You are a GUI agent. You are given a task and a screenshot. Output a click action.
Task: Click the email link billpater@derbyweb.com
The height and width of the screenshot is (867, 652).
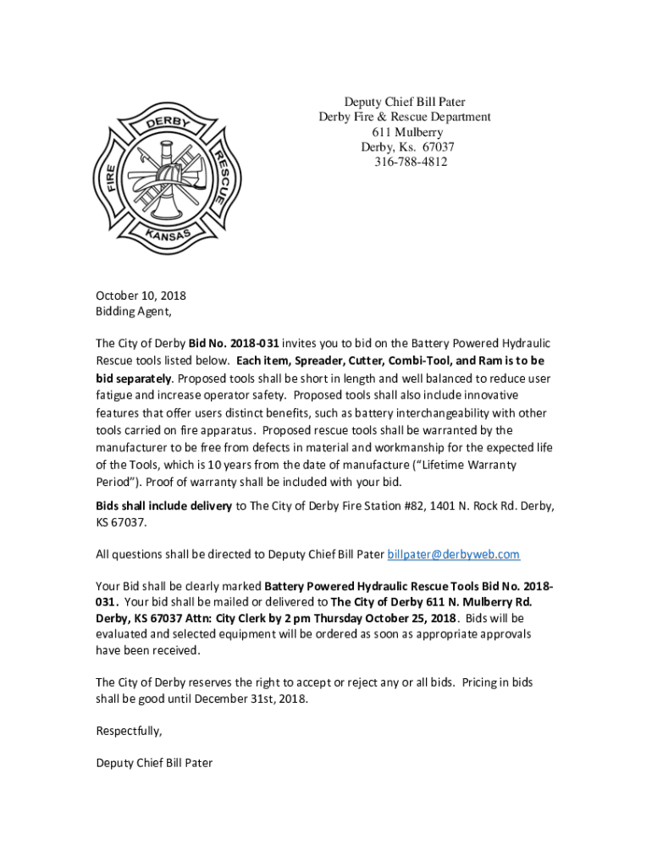[453, 555]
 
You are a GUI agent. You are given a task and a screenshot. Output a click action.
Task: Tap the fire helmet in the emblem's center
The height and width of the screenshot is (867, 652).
[170, 174]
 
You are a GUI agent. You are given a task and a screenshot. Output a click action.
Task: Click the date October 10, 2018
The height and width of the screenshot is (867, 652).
[141, 296]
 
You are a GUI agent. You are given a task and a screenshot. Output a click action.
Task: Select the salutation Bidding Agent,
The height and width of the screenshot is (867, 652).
[133, 312]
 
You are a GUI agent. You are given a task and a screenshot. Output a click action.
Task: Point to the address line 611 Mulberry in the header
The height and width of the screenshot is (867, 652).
[406, 132]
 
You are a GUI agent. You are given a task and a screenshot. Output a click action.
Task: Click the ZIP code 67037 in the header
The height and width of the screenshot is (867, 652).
[434, 147]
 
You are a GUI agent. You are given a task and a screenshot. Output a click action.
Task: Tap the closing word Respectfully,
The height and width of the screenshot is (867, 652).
[129, 731]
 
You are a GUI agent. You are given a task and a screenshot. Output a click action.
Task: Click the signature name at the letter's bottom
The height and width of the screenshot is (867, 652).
[154, 763]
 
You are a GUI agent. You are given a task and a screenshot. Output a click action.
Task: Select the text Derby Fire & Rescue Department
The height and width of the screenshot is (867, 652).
[404, 117]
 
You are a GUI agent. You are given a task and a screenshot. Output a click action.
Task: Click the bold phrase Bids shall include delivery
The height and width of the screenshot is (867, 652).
[163, 506]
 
